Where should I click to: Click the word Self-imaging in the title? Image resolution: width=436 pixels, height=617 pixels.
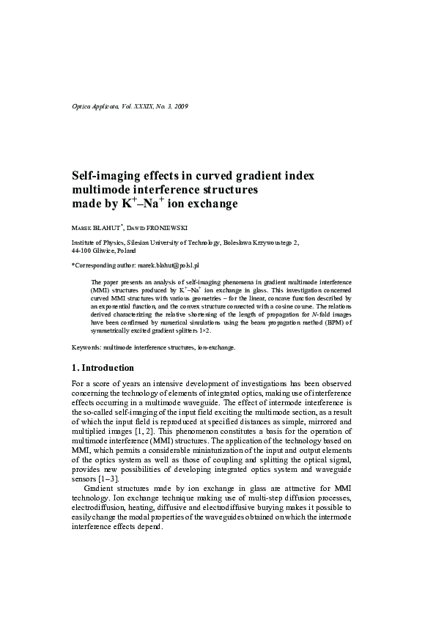[108, 176]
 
